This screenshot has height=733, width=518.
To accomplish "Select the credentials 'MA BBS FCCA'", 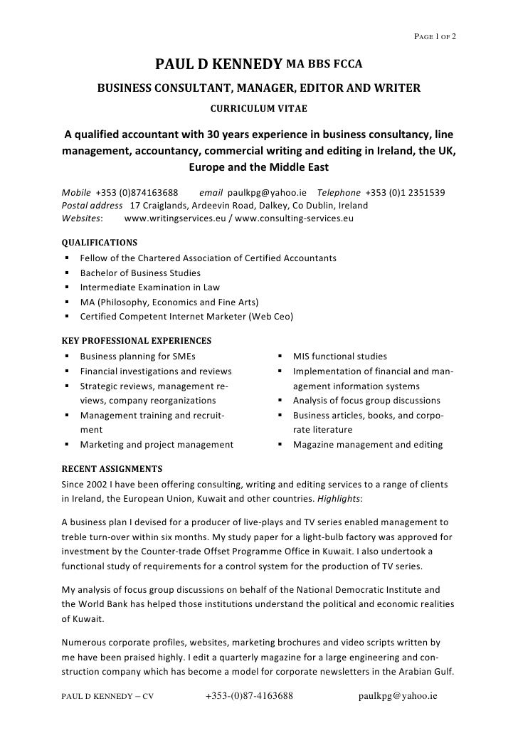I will pyautogui.click(x=324, y=66).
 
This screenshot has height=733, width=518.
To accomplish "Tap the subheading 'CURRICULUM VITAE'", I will pyautogui.click(x=259, y=110).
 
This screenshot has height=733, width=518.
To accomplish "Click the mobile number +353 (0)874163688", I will pyautogui.click(x=137, y=193).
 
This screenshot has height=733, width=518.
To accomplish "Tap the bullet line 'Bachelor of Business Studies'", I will pyautogui.click(x=140, y=273).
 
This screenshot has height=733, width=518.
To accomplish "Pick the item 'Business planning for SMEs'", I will pyautogui.click(x=137, y=357).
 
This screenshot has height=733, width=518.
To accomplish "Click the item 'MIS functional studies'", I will pyautogui.click(x=340, y=357).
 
